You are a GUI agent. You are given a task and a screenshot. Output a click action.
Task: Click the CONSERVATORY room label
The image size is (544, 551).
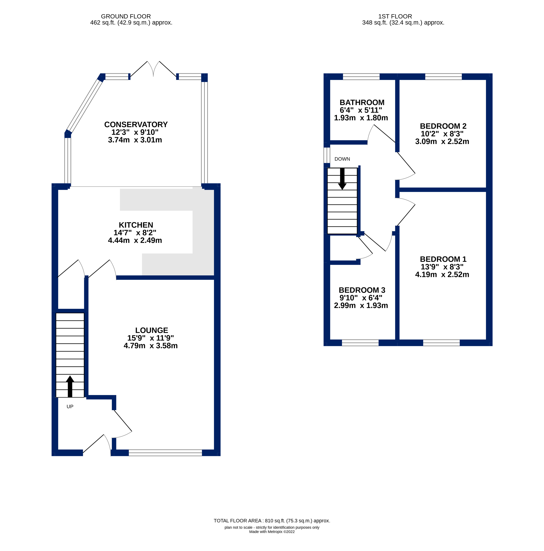pos(136,125)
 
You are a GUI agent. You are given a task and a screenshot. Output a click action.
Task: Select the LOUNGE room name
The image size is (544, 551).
pos(152,330)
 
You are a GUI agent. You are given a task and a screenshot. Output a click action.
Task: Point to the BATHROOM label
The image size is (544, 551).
pos(362,102)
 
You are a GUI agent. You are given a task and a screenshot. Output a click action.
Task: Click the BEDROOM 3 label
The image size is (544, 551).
pos(362,290)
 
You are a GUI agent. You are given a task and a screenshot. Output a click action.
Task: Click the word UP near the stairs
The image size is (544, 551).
pos(70,406)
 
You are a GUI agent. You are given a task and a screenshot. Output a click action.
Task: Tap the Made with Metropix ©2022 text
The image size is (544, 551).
pos(272,532)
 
